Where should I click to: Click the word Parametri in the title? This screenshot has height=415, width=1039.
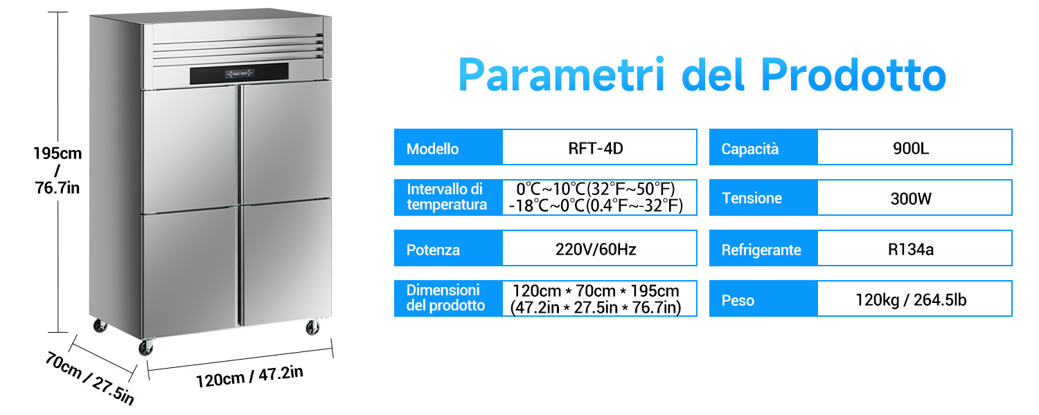(x=561, y=75)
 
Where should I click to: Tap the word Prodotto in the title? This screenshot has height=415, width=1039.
(x=853, y=75)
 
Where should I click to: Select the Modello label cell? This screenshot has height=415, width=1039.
(x=449, y=147)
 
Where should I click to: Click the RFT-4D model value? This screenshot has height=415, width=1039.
(x=596, y=148)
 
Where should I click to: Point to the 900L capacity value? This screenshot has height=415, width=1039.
(x=911, y=148)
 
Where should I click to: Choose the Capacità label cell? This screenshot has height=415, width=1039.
(x=763, y=147)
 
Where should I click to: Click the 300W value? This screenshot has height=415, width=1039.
(x=911, y=199)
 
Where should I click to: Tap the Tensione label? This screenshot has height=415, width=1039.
(x=752, y=199)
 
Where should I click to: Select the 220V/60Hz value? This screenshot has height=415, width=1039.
(x=596, y=249)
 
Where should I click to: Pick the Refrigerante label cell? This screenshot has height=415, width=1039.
(x=763, y=248)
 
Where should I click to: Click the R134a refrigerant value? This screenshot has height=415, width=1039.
(x=911, y=249)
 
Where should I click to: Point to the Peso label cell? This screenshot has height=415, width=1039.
(x=763, y=299)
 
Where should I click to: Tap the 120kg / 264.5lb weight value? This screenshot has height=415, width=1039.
(x=911, y=299)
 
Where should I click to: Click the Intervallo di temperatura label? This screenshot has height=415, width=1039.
(x=447, y=197)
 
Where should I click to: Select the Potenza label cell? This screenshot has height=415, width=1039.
(x=449, y=248)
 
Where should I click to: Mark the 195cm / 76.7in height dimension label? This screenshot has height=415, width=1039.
(x=57, y=170)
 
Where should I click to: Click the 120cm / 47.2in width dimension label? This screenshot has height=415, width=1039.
(x=249, y=376)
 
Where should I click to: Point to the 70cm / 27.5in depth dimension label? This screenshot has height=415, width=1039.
(x=90, y=378)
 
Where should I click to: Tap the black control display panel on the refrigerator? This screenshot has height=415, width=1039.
(x=239, y=73)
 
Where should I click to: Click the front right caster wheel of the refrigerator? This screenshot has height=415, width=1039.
(x=312, y=327)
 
